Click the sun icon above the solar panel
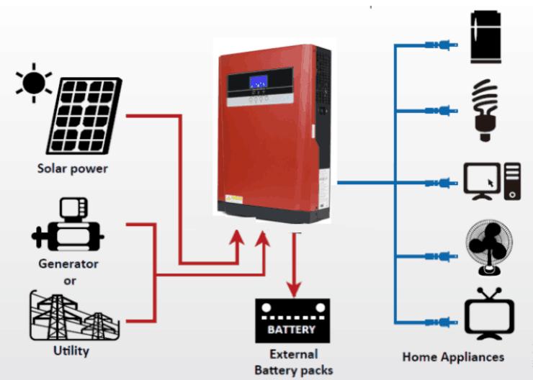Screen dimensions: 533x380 34,83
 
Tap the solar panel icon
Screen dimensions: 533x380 84,116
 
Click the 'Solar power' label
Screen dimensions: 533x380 73,168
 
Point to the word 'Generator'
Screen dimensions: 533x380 68,264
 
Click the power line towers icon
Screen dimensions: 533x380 74,315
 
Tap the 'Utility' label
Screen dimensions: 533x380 71,350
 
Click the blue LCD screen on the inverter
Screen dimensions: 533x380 259,83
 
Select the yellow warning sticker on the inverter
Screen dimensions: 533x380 234,199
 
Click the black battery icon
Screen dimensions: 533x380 292,320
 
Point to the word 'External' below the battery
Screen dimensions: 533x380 294,354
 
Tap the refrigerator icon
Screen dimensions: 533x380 485,37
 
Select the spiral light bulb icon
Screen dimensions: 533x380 485,110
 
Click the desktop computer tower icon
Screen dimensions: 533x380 512,181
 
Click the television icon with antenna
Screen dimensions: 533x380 489,314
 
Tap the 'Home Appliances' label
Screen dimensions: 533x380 453,357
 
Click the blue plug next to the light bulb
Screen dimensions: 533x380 442,111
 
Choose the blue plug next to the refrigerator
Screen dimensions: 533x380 442,45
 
